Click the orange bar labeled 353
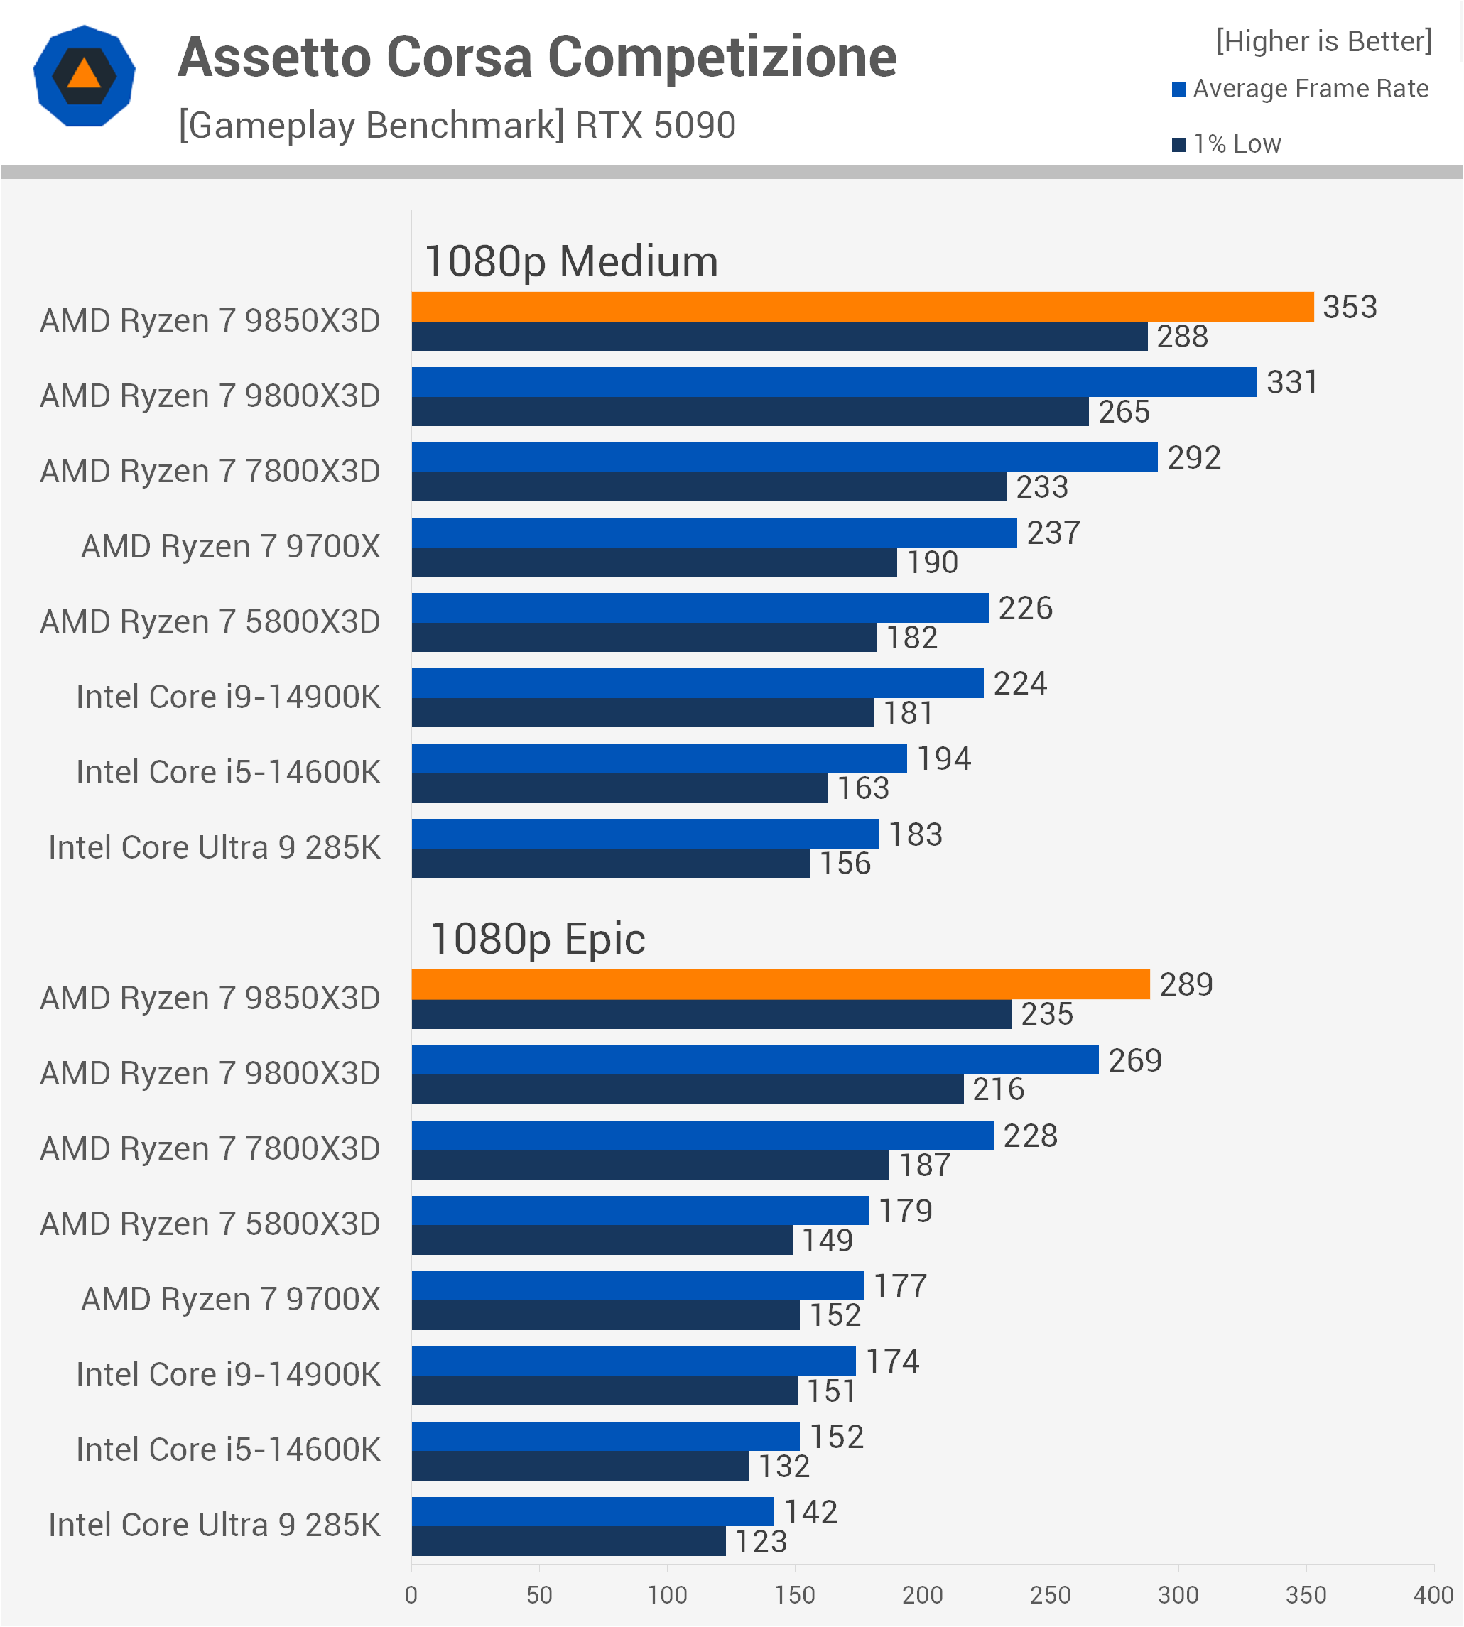(x=862, y=306)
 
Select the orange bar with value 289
(x=780, y=984)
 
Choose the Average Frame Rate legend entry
(x=1301, y=89)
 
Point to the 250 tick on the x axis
(x=1050, y=1595)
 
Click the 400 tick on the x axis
(x=1433, y=1595)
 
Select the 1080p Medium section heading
(x=571, y=261)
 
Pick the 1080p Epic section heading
(x=537, y=939)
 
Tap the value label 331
(x=1292, y=382)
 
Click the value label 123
(x=761, y=1542)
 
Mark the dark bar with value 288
(x=779, y=336)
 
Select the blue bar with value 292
(x=784, y=457)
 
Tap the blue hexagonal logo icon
(x=85, y=77)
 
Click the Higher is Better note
(x=1323, y=41)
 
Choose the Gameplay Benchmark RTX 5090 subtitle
(x=457, y=126)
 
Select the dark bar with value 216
(x=688, y=1089)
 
